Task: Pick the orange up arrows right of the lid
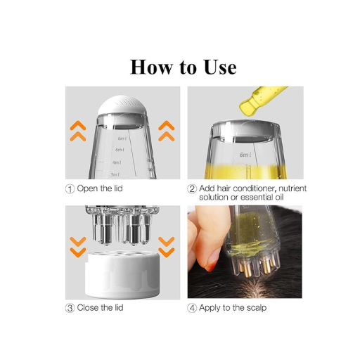pyautogui.click(x=166, y=129)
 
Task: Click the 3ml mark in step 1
pyautogui.click(x=115, y=174)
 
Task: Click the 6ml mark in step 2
pyautogui.click(x=245, y=155)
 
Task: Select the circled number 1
pyautogui.click(x=70, y=189)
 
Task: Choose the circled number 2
pyautogui.click(x=192, y=189)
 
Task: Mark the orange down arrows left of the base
pyautogui.click(x=78, y=247)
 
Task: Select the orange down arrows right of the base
pyautogui.click(x=166, y=247)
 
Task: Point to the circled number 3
pyautogui.click(x=70, y=308)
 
